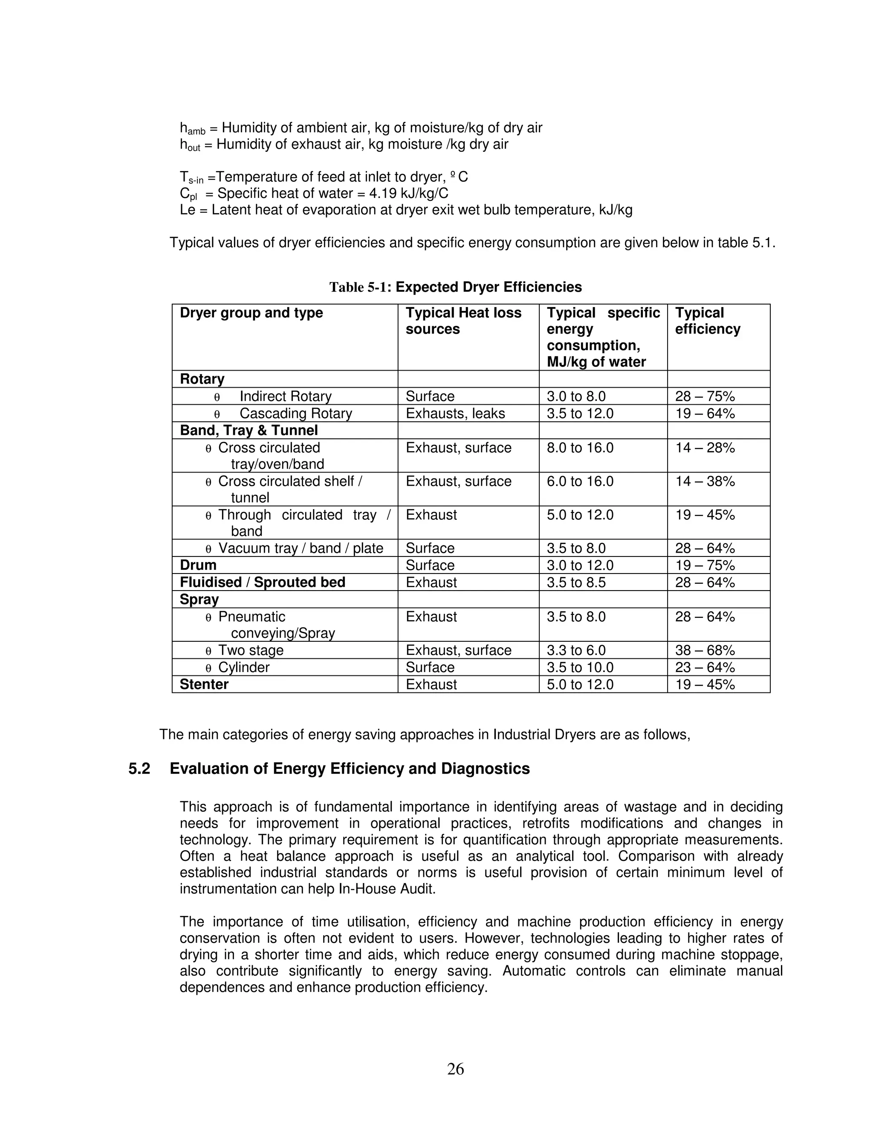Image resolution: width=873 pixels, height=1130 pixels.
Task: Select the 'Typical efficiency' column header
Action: coord(708,321)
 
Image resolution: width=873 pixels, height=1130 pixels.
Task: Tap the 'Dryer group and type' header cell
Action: coord(251,313)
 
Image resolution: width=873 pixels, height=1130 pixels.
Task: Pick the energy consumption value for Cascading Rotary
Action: coord(580,413)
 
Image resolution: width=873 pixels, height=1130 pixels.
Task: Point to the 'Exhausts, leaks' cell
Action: coord(455,413)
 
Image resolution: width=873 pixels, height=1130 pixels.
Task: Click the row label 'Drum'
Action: coord(198,565)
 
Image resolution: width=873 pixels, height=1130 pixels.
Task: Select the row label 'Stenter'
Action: coord(204,684)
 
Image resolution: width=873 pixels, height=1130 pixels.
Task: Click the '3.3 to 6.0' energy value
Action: coord(576,650)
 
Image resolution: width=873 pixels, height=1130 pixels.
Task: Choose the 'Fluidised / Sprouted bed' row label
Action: coord(262,582)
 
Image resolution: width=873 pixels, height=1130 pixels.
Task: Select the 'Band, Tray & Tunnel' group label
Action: coord(249,431)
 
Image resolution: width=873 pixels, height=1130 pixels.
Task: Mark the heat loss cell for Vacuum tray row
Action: coord(430,548)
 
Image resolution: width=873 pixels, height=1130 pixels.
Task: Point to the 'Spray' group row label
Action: coord(199,599)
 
